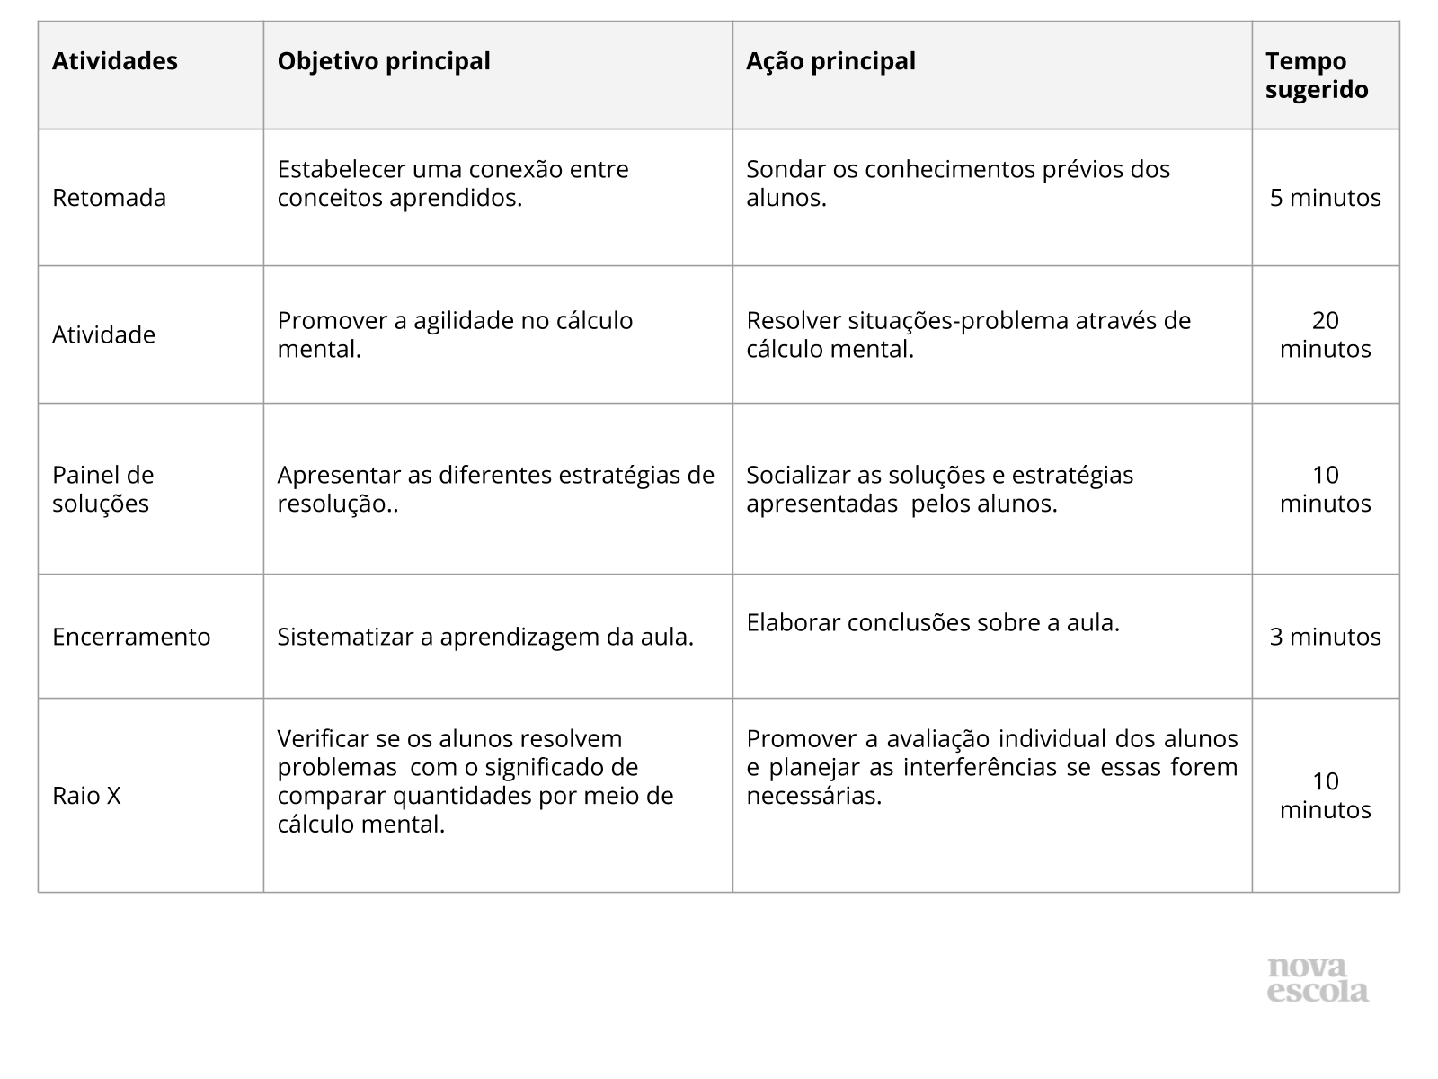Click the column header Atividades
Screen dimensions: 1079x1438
115,61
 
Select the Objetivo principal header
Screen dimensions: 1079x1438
384,61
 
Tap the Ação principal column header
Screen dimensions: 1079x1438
830,61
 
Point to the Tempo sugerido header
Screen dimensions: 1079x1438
1317,76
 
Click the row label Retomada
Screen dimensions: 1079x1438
109,198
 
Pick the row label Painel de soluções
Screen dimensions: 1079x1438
102,489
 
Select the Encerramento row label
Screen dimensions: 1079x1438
131,637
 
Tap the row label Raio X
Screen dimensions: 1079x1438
86,796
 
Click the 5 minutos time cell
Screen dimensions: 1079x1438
1325,198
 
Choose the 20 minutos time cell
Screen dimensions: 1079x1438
1325,334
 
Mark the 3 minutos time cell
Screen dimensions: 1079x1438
1325,637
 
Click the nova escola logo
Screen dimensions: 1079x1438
1318,979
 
